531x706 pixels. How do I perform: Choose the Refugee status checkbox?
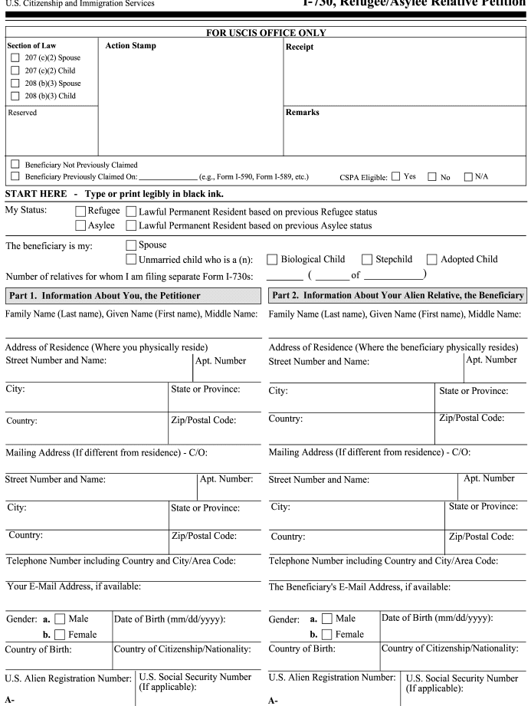81,212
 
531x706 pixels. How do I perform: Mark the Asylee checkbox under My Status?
81,225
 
